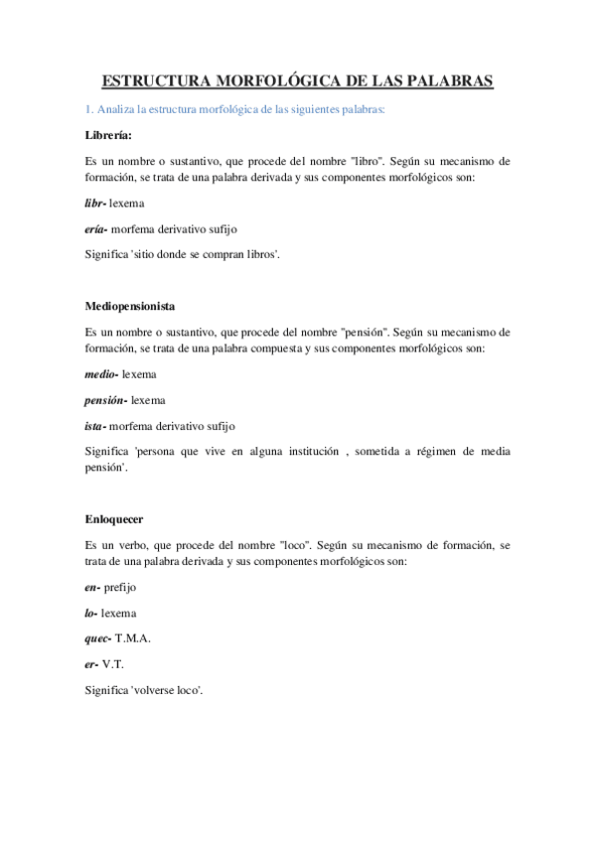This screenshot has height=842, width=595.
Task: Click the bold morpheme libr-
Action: (x=95, y=203)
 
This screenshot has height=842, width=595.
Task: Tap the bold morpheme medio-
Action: (x=102, y=374)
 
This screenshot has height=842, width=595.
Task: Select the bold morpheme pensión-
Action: (x=106, y=401)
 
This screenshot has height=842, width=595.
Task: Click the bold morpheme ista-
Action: (x=98, y=428)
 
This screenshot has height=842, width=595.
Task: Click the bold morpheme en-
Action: (x=92, y=588)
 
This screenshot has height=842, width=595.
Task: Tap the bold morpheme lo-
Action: (x=91, y=615)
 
